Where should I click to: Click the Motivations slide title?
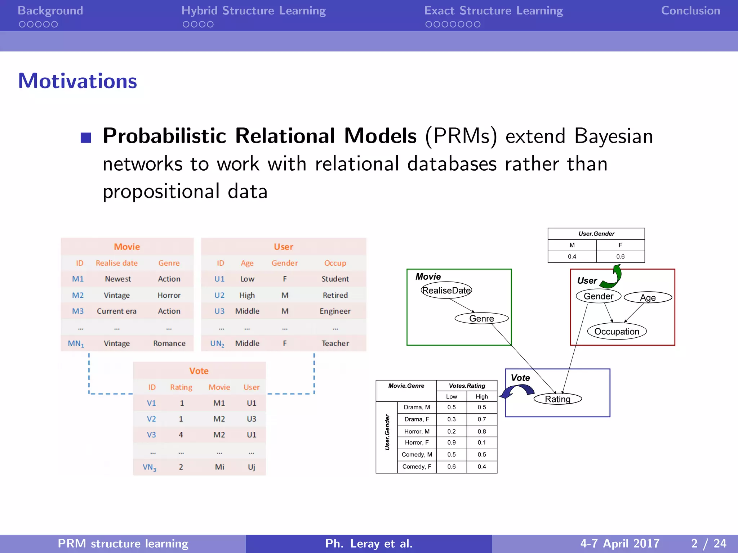(x=77, y=81)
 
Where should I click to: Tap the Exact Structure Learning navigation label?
(x=493, y=11)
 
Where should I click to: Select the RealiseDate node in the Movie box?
(x=446, y=290)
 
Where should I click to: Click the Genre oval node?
(x=481, y=318)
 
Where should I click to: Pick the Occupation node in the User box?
(x=617, y=331)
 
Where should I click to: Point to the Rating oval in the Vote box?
(x=557, y=399)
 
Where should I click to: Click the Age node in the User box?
(x=648, y=297)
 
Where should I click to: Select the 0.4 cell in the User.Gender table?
(x=572, y=257)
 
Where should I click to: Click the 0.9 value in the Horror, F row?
(x=452, y=442)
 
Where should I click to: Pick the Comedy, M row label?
(x=417, y=454)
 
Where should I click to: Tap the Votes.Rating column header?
(x=467, y=386)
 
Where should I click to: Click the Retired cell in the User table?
(x=335, y=295)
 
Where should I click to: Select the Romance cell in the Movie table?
(x=169, y=343)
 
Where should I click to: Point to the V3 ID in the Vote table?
(x=151, y=435)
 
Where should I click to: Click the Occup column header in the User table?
(x=335, y=263)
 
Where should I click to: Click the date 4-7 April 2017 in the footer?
(x=620, y=543)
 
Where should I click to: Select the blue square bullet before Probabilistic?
(x=86, y=138)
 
